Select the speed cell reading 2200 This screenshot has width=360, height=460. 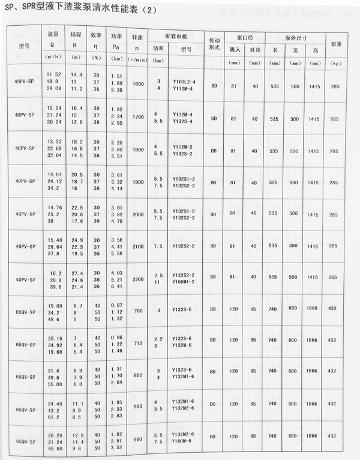click(x=137, y=279)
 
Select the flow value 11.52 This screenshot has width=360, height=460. click(x=54, y=74)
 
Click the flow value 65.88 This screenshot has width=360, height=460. click(x=54, y=448)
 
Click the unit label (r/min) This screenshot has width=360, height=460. click(x=137, y=61)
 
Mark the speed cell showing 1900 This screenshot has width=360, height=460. click(x=137, y=182)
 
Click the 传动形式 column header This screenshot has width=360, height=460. click(x=214, y=44)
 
